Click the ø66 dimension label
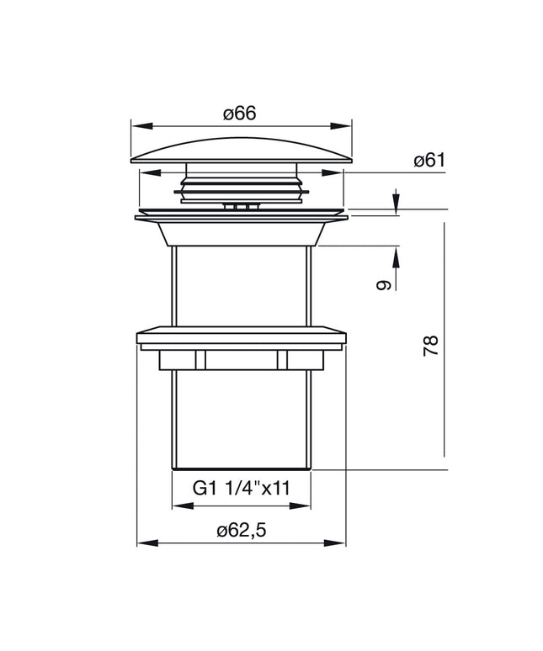point(239,114)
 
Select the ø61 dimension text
point(429,161)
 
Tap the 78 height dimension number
point(431,346)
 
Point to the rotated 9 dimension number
point(384,285)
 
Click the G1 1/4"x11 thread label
point(242,488)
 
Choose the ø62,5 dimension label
point(241,531)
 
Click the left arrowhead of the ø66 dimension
point(142,126)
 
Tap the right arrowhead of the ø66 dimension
point(341,126)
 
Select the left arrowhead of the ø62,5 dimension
point(148,543)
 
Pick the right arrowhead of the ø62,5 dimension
point(335,543)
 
